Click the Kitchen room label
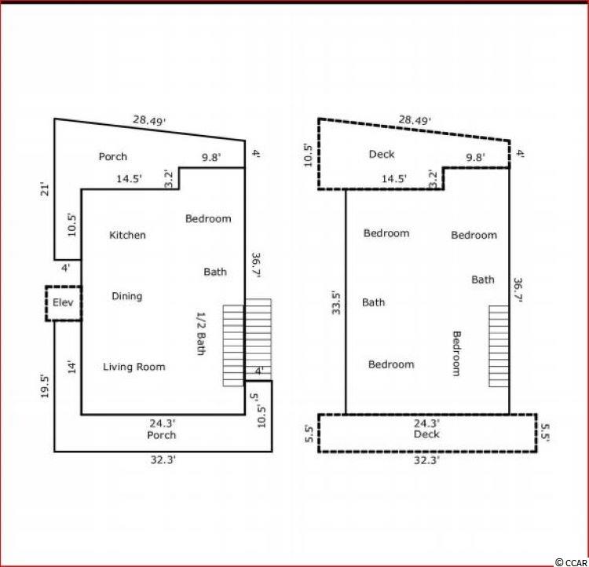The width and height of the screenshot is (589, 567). pos(127,236)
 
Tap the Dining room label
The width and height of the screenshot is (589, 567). pos(127,297)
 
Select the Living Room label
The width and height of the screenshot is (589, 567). pos(134,367)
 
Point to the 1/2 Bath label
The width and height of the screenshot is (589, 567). pos(201,333)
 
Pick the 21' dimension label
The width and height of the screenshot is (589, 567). pos(45,189)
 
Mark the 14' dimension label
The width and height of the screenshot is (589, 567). pos(71,367)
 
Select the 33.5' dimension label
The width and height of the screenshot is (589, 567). pos(336,303)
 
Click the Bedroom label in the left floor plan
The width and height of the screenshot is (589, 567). pos(208,218)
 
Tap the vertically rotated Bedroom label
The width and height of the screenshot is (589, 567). pos(456,353)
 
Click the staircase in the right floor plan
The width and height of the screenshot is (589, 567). pos(499,346)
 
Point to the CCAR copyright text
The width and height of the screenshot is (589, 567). pos(571,562)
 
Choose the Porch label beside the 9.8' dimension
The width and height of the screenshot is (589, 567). pos(112,157)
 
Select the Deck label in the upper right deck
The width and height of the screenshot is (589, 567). pos(382,155)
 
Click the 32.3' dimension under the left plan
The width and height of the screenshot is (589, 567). pos(163,460)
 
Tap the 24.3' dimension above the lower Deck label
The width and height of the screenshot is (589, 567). pos(426,423)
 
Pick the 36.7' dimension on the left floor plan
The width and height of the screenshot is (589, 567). pos(256,265)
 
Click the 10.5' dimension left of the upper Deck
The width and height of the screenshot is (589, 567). pos(308,155)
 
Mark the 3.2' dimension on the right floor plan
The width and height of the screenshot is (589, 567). pos(433,179)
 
